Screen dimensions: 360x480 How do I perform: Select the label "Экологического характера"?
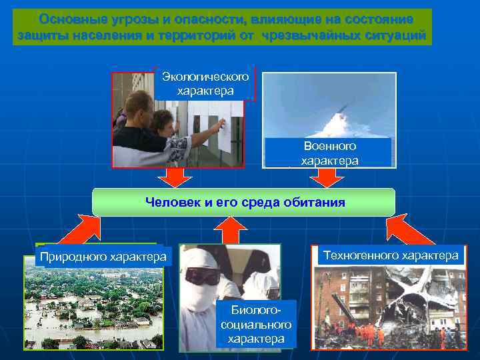pos(205,83)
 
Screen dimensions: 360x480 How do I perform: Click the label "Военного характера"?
pos(329,153)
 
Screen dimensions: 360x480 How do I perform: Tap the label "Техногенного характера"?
pos(391,255)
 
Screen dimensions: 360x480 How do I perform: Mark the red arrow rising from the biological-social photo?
pos(231,230)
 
